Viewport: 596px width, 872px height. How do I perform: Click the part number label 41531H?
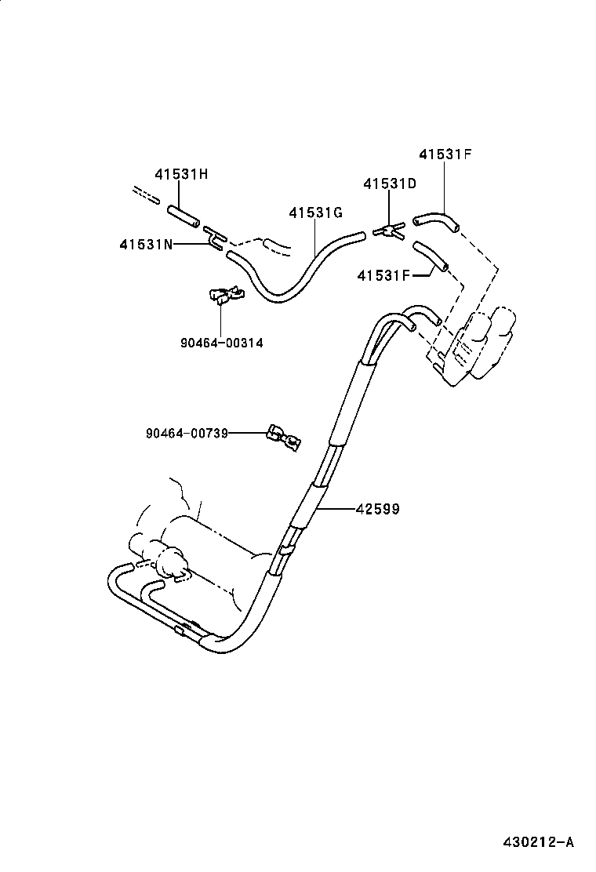point(181,174)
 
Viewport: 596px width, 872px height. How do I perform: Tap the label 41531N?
point(147,245)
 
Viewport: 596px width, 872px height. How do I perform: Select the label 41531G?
point(316,213)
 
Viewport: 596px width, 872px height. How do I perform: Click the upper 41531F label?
point(445,154)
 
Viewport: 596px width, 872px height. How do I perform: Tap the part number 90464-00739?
point(187,433)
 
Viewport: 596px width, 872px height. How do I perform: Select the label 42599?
point(377,509)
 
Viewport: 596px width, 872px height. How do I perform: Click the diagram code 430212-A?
point(539,842)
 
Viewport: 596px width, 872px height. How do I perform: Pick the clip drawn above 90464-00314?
point(223,295)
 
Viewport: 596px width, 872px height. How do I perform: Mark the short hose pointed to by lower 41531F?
point(430,257)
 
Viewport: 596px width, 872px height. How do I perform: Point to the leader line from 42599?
point(336,509)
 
